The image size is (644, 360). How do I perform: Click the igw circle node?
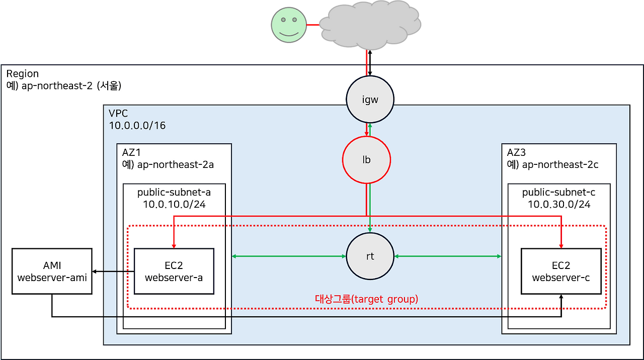click(x=370, y=100)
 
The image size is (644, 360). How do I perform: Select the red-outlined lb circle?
click(x=366, y=160)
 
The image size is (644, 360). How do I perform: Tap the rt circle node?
click(x=370, y=256)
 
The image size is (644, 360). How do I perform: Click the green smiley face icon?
click(x=288, y=25)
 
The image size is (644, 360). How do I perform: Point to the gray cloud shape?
click(x=370, y=25)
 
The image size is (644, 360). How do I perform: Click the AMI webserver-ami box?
click(x=52, y=271)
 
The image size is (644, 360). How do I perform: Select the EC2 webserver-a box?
click(x=174, y=271)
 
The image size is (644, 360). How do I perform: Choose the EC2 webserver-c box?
click(x=561, y=271)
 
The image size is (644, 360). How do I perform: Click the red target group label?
click(x=366, y=299)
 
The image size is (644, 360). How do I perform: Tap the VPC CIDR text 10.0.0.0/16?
click(x=137, y=125)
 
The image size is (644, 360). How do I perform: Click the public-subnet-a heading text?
click(x=174, y=193)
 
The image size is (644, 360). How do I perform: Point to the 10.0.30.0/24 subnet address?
click(x=559, y=205)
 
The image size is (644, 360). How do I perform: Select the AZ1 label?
click(x=132, y=152)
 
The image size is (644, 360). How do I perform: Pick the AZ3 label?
click(x=517, y=152)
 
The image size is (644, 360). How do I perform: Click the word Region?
click(x=22, y=74)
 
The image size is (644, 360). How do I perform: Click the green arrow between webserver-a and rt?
click(x=289, y=257)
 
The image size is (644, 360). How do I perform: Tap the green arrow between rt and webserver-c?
click(x=448, y=257)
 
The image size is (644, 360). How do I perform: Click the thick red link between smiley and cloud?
click(x=313, y=25)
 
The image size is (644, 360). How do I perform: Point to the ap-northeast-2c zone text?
click(x=560, y=164)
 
